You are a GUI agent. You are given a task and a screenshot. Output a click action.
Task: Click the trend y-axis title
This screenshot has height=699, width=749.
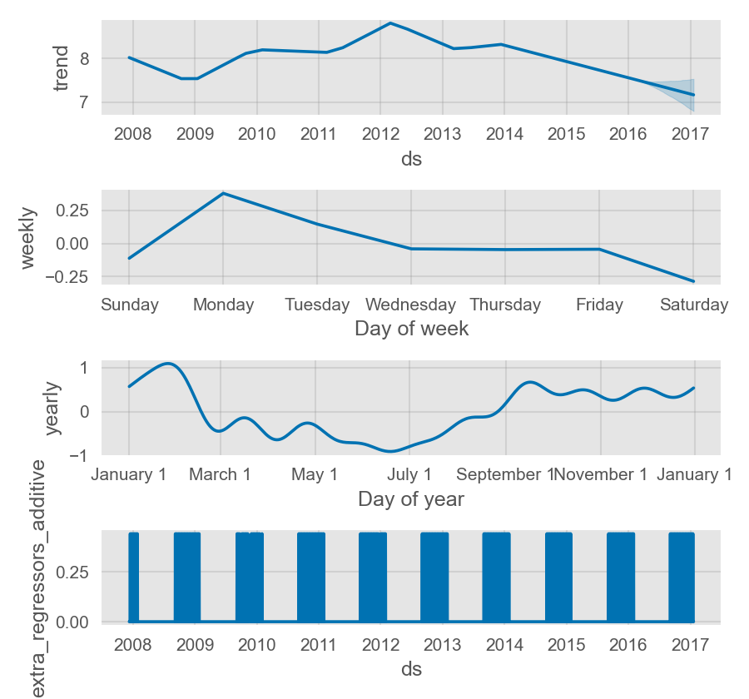pyautogui.click(x=62, y=68)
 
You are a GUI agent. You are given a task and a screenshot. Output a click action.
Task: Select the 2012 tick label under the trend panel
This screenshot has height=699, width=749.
pyautogui.click(x=380, y=134)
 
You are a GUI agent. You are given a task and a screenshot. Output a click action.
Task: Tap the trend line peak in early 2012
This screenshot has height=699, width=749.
pyautogui.click(x=390, y=23)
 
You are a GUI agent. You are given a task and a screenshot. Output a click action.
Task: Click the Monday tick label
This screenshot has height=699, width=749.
pyautogui.click(x=223, y=305)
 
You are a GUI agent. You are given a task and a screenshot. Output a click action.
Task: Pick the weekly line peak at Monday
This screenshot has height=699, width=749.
pyautogui.click(x=223, y=193)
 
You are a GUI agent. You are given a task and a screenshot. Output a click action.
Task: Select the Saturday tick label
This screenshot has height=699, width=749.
pyautogui.click(x=694, y=305)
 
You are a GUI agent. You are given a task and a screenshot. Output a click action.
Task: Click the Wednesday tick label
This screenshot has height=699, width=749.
pyautogui.click(x=411, y=305)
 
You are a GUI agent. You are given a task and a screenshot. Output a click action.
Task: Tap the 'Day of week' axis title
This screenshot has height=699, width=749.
pyautogui.click(x=411, y=329)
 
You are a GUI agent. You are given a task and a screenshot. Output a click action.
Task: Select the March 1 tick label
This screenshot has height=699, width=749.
pyautogui.click(x=220, y=475)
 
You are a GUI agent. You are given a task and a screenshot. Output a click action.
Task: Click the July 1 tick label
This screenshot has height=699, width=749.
pyautogui.click(x=409, y=475)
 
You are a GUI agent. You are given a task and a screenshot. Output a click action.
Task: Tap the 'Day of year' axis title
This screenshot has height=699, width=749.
pyautogui.click(x=411, y=499)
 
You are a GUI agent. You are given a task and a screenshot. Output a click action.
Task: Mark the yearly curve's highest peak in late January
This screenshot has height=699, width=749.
pyautogui.click(x=168, y=364)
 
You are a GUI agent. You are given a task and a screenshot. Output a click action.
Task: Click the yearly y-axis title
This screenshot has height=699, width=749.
pyautogui.click(x=52, y=409)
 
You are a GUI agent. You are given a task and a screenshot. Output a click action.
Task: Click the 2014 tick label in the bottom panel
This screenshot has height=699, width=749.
pyautogui.click(x=504, y=645)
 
